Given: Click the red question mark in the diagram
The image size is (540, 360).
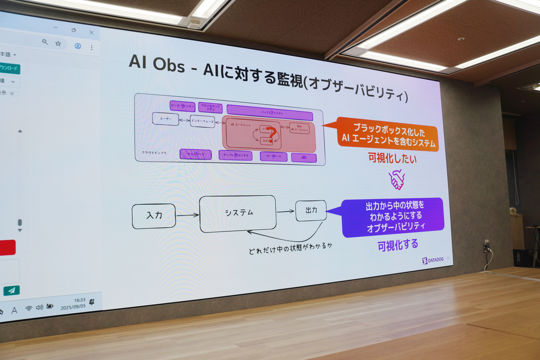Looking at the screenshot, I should (x=270, y=134).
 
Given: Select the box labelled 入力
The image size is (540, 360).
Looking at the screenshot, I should (x=154, y=216).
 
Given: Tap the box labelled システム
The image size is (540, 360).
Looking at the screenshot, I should (x=238, y=213).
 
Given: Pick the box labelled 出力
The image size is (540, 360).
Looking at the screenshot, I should (x=311, y=210).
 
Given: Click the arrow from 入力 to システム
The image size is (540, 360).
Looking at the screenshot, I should (x=187, y=215).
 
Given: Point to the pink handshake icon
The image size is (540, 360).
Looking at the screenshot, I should (x=396, y=179).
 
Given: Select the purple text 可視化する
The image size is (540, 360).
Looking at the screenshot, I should (x=397, y=244).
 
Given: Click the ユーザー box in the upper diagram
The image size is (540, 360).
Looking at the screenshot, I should (x=165, y=119).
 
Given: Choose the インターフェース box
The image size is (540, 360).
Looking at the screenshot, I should (x=202, y=121).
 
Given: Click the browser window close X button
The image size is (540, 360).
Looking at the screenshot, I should (x=91, y=32).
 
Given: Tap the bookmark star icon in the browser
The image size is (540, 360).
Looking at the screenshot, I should (x=58, y=43).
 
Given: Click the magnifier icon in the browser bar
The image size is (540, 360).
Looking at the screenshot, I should (x=45, y=42).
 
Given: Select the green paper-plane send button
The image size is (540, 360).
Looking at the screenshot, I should (x=11, y=290).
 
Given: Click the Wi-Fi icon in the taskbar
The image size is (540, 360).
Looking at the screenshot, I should (x=28, y=308).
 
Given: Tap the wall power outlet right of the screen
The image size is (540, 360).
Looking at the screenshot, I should (x=486, y=247).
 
